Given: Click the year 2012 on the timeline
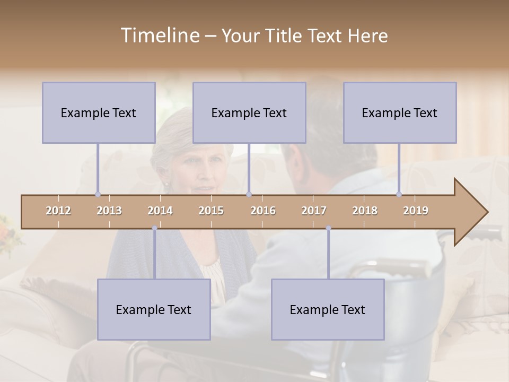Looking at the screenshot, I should (58, 211).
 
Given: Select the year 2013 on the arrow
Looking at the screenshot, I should (109, 211).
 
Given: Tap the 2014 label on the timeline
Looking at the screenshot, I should (160, 211).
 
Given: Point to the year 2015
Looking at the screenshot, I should (211, 211).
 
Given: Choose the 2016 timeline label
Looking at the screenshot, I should (263, 211).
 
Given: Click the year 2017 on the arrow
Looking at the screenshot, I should (314, 211).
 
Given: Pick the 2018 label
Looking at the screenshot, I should (365, 211).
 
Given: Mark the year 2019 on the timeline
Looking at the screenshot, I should (416, 211).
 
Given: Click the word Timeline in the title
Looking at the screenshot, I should (159, 36).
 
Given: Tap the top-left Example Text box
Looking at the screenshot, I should (99, 112).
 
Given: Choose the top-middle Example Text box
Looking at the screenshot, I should (249, 112).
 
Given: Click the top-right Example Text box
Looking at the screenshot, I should (400, 112).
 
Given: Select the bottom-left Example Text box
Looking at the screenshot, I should (154, 309).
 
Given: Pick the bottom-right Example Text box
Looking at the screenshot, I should (328, 309).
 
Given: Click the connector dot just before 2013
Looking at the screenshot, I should (98, 194).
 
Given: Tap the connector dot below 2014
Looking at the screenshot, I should (154, 228).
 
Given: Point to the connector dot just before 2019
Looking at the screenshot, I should (399, 194).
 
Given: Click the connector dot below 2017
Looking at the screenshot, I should (328, 228).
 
